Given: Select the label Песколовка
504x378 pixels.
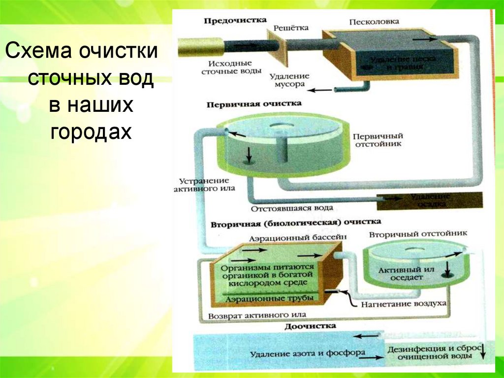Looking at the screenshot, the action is tap(374, 22).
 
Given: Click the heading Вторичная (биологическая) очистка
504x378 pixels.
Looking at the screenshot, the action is tap(295, 223).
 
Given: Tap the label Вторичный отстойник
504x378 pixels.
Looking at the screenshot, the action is tap(418, 233).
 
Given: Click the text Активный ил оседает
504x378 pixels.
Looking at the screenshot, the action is tap(401, 274).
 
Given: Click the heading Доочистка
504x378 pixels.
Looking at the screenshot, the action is tap(310, 326).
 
